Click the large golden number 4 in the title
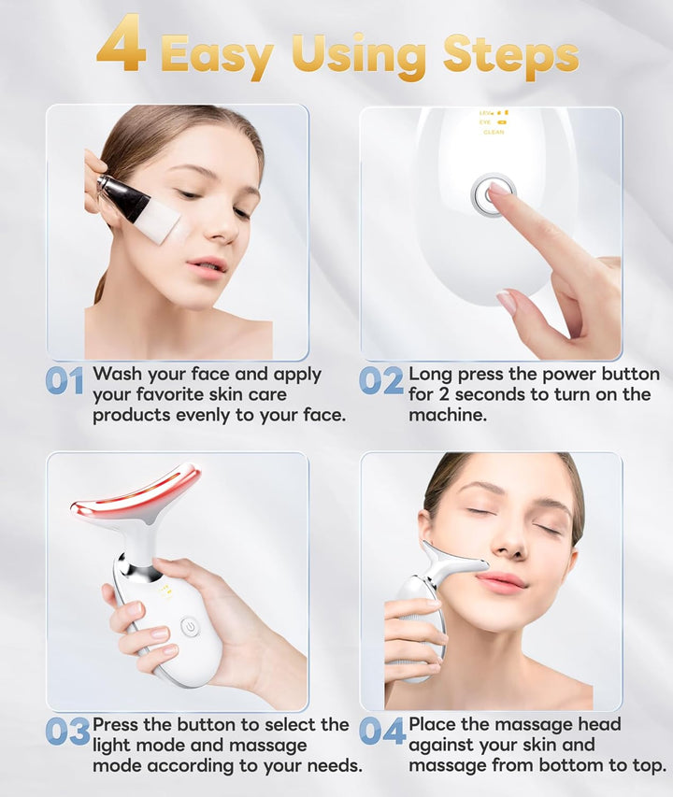[x=122, y=45]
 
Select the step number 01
[x=65, y=380]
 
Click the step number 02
[x=381, y=380]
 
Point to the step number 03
[x=67, y=731]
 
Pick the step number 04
[x=382, y=731]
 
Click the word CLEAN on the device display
[x=494, y=133]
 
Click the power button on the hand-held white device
[x=190, y=627]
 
